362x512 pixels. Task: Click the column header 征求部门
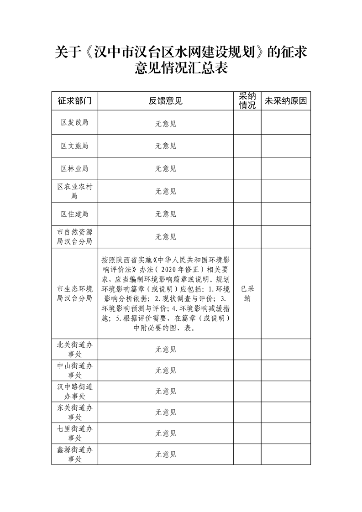click(x=74, y=101)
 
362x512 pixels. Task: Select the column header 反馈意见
click(x=165, y=101)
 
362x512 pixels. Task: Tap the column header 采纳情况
click(x=247, y=101)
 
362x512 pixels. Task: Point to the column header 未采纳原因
click(x=286, y=101)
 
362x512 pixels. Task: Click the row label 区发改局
click(x=74, y=123)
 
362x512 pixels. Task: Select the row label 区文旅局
click(x=74, y=146)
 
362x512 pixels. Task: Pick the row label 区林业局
click(x=74, y=169)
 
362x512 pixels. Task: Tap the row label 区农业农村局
click(x=74, y=191)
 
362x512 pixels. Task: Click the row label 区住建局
click(x=74, y=214)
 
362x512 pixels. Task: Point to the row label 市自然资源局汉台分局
click(x=74, y=236)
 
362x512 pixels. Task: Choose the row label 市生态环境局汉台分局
click(x=74, y=293)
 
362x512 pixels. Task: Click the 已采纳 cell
click(x=247, y=293)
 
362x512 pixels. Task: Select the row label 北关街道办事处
click(x=74, y=350)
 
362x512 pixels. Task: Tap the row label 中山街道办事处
click(x=74, y=371)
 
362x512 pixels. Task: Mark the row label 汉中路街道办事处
click(x=74, y=391)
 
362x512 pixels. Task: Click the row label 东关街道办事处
click(x=74, y=412)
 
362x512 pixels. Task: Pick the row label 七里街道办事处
click(x=74, y=433)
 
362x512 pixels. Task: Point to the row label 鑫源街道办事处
click(x=74, y=455)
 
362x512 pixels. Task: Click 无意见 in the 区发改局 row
click(x=165, y=123)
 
